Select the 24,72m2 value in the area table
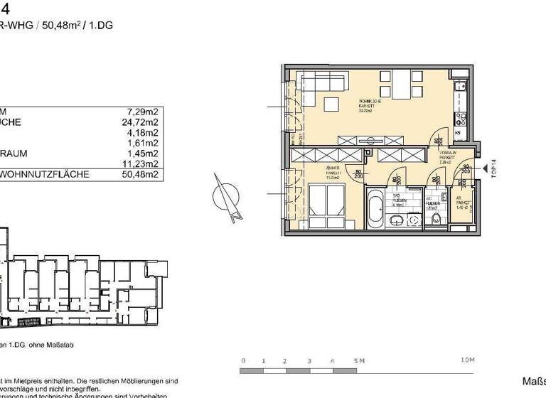[140, 122]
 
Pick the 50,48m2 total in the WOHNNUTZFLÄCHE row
[140, 174]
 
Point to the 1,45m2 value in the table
[142, 153]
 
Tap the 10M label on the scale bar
[466, 361]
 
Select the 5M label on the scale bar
[358, 361]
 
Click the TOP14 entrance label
[493, 169]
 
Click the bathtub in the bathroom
[375, 207]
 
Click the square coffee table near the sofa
[332, 104]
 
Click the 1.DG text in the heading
[101, 26]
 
